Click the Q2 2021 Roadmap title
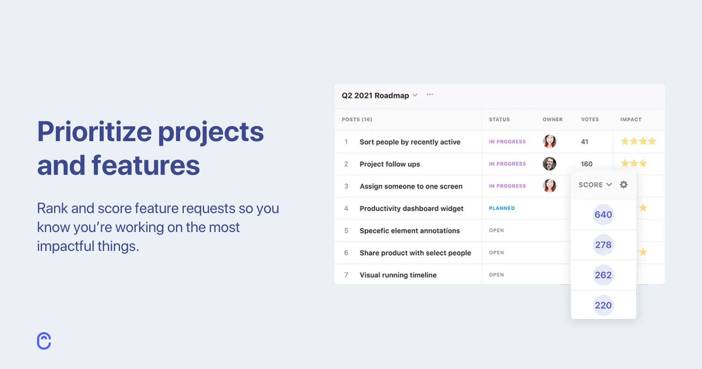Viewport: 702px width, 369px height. [375, 95]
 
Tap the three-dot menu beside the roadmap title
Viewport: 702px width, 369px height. [430, 95]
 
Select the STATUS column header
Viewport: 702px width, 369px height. [499, 119]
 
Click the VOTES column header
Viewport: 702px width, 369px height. [590, 119]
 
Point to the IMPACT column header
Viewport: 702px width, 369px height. [631, 119]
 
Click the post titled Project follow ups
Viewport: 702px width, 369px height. [389, 164]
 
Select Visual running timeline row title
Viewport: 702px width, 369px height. [398, 275]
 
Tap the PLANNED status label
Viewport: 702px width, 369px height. [502, 208]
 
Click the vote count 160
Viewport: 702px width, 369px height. [587, 164]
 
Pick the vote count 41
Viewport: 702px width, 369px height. [585, 142]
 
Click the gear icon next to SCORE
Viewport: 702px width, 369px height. [623, 184]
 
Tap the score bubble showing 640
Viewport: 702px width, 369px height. [603, 214]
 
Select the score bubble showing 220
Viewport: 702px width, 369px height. [603, 305]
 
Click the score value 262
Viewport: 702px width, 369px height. [603, 275]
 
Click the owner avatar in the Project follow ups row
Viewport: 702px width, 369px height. [550, 164]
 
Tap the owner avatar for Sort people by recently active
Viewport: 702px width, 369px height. [550, 142]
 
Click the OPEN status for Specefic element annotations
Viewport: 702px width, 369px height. [496, 230]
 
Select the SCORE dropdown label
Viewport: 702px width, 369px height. [591, 184]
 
